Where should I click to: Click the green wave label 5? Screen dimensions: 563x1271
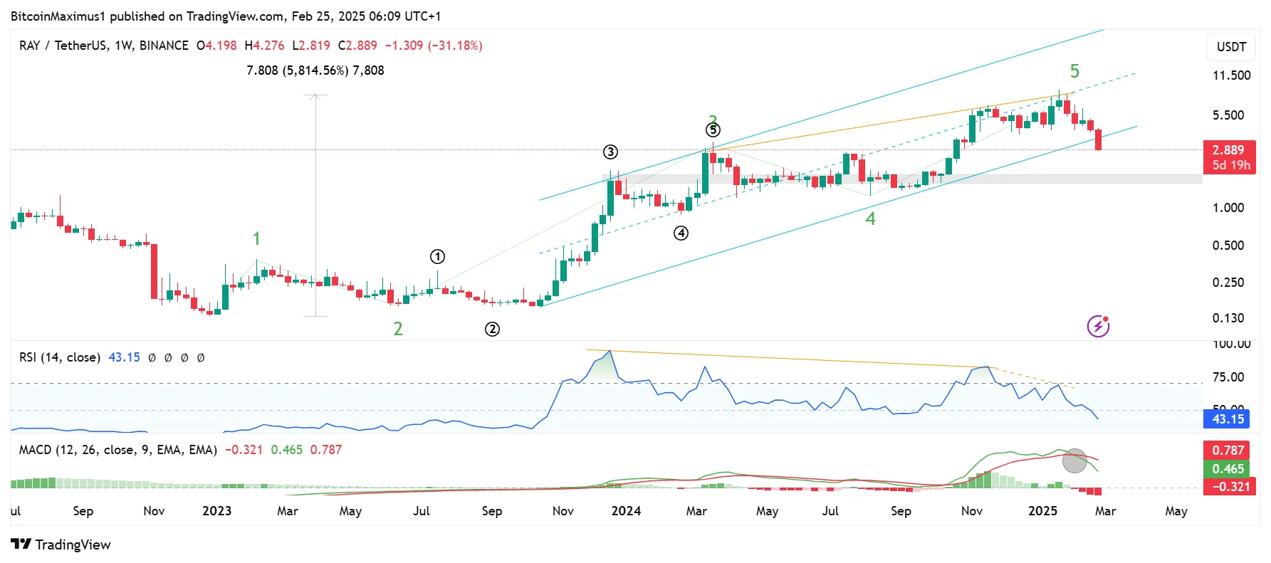(x=1074, y=71)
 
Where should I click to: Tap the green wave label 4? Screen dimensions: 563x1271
(x=870, y=219)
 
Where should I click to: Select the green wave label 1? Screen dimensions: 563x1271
(x=256, y=238)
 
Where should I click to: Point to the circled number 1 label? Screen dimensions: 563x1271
(x=437, y=256)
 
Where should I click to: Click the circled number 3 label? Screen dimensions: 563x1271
(x=610, y=152)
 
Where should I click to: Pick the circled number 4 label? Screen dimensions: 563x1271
(x=681, y=233)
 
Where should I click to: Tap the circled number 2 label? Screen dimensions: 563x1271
(x=492, y=329)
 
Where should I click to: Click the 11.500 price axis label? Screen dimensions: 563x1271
(x=1231, y=75)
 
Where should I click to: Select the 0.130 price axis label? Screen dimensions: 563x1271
(x=1228, y=318)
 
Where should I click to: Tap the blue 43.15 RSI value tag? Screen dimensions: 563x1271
(x=1228, y=419)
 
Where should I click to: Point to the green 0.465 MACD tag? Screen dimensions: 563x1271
(x=1228, y=468)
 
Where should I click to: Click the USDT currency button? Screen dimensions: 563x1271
(x=1231, y=47)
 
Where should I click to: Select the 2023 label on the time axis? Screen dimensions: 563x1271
(x=216, y=511)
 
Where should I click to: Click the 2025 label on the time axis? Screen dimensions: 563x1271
(x=1042, y=511)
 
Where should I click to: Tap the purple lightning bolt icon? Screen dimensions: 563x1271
(x=1098, y=326)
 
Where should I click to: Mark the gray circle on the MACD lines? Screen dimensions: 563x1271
(x=1074, y=461)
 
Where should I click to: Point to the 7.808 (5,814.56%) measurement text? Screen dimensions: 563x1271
(x=315, y=70)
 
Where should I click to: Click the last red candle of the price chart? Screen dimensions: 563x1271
(x=1099, y=140)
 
